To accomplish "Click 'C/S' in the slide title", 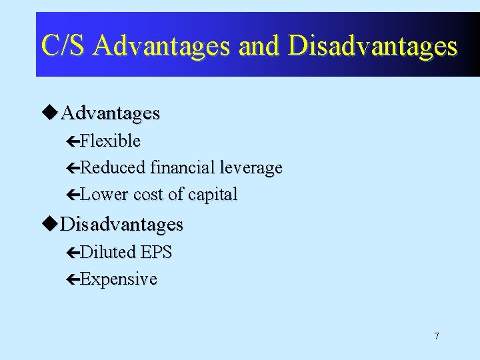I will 64,45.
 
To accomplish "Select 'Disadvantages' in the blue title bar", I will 373,45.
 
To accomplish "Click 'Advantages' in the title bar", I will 162,45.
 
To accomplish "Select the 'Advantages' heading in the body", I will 110,113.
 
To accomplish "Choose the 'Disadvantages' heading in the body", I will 121,224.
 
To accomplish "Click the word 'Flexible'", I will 110,141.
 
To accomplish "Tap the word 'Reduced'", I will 113,167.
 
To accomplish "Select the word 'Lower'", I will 105,195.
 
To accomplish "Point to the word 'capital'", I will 213,195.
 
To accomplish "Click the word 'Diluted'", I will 107,252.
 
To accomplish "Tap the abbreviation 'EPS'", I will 156,252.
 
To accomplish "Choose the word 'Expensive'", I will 118,279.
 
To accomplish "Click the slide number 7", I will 437,336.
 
